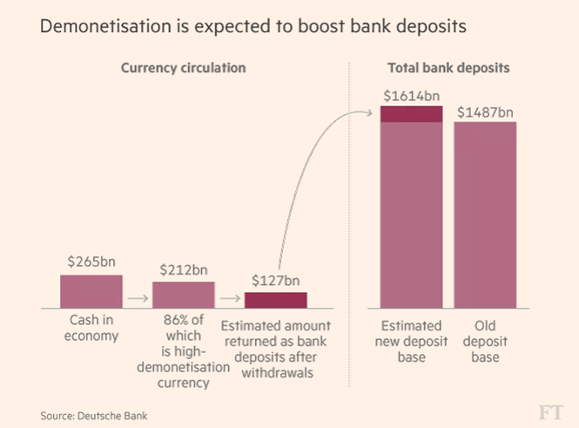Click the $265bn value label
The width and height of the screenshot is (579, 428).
(91, 262)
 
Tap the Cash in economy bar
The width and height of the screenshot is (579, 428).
(91, 291)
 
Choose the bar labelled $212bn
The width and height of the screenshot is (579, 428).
(183, 295)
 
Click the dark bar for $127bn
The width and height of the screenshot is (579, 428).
(275, 300)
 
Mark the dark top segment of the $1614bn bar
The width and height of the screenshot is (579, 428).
(412, 113)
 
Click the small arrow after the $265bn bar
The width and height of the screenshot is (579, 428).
(137, 299)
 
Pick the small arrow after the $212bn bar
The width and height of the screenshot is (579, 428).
(229, 299)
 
